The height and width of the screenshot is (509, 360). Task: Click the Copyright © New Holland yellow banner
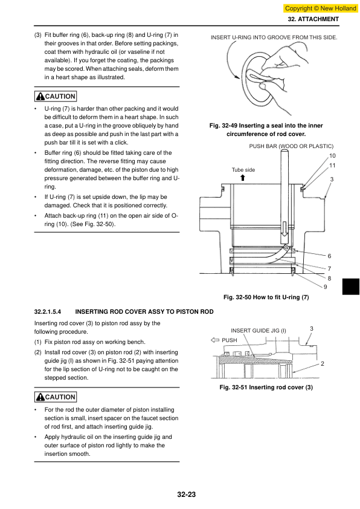coord(320,8)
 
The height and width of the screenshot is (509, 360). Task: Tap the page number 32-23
coord(187,494)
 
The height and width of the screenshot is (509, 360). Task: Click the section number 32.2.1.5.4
coord(48,312)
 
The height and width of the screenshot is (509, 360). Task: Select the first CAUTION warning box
coord(56,96)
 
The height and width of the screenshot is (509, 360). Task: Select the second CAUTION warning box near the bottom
coord(56,397)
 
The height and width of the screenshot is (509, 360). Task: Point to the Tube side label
coord(243,170)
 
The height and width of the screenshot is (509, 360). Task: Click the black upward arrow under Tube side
coord(243,178)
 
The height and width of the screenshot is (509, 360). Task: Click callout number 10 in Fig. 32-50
coord(332,156)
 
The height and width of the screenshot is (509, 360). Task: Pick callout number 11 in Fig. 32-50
coord(332,166)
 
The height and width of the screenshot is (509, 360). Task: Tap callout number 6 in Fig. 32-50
coord(329,256)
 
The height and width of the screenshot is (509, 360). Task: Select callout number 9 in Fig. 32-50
coord(326,287)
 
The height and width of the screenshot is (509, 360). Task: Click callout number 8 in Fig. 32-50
coord(329,278)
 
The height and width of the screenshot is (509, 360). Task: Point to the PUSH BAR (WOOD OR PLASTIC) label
coord(291,146)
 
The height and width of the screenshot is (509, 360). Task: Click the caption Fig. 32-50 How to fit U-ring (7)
coord(266,297)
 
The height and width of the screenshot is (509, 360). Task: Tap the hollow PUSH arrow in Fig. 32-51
coord(215,340)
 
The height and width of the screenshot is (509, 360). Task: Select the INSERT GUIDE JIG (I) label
coord(259,331)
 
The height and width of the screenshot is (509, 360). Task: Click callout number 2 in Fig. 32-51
coord(323,364)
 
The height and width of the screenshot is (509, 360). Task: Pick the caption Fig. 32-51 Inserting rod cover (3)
coord(266,387)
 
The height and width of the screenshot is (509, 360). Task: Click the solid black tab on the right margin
coord(351,287)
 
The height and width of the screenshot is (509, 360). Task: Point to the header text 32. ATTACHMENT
coord(313,19)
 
